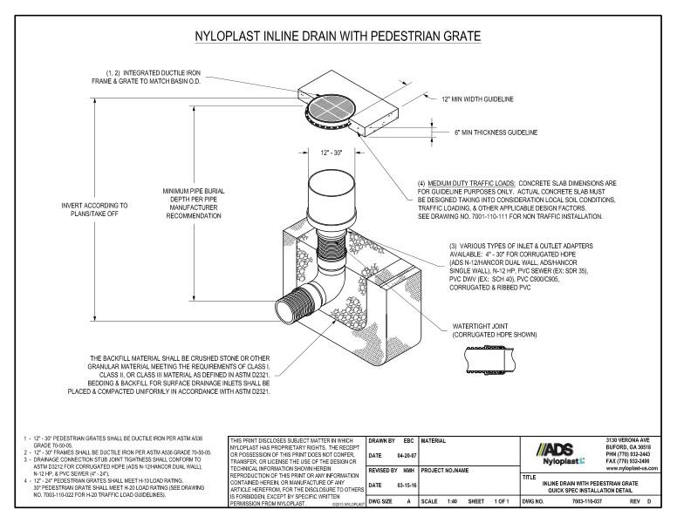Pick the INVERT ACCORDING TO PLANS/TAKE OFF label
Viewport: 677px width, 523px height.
(x=94, y=210)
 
